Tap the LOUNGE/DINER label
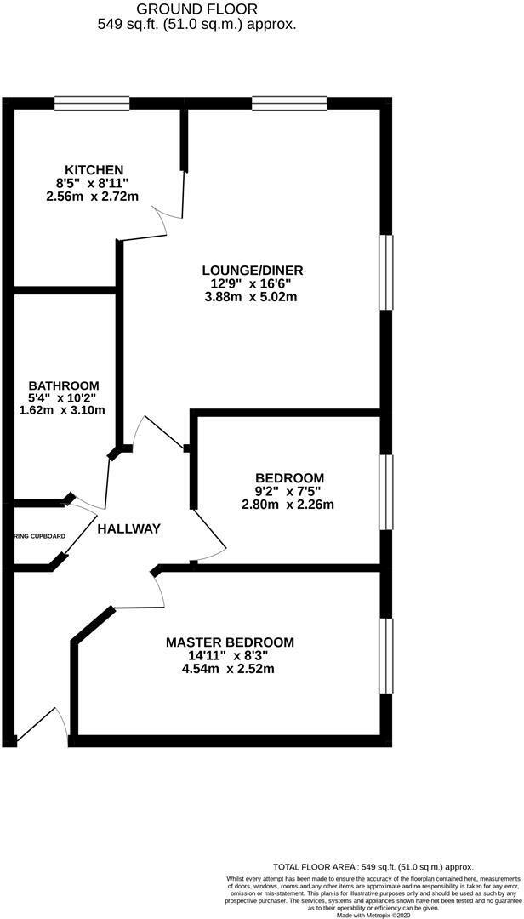252,271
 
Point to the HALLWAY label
128,528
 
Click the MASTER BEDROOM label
230,642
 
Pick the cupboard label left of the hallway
40,536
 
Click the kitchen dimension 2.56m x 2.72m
93,196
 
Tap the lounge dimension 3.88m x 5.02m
252,297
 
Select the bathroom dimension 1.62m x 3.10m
63,410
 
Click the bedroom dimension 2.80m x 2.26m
288,504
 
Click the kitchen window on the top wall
92,103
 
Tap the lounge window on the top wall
289,103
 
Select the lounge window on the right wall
386,272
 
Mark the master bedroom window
386,655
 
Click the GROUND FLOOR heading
196,9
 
